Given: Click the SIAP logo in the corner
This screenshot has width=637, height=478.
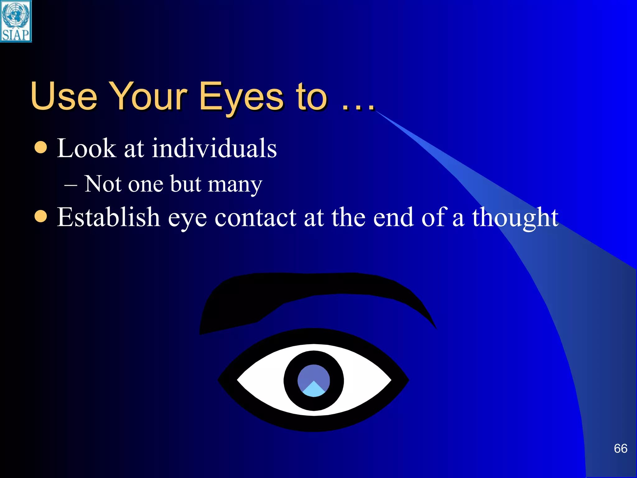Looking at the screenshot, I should pos(16,21).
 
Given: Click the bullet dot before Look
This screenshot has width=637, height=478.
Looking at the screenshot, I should pos(41,147).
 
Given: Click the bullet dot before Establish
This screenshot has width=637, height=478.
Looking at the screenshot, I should pos(41,216).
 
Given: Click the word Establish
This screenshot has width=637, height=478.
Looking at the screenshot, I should pos(108,217).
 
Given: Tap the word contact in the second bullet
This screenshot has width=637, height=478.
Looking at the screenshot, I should pos(255,218).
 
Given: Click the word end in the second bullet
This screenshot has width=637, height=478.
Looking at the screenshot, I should pos(393,218).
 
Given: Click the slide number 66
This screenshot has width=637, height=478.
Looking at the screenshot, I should pos(620,448).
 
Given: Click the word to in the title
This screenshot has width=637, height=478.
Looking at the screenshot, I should pos(311,97).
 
